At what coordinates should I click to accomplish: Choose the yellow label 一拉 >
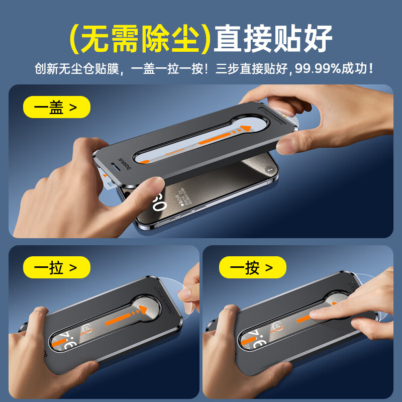pyautogui.click(x=56, y=267)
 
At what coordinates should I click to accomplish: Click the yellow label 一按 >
pyautogui.click(x=252, y=267)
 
